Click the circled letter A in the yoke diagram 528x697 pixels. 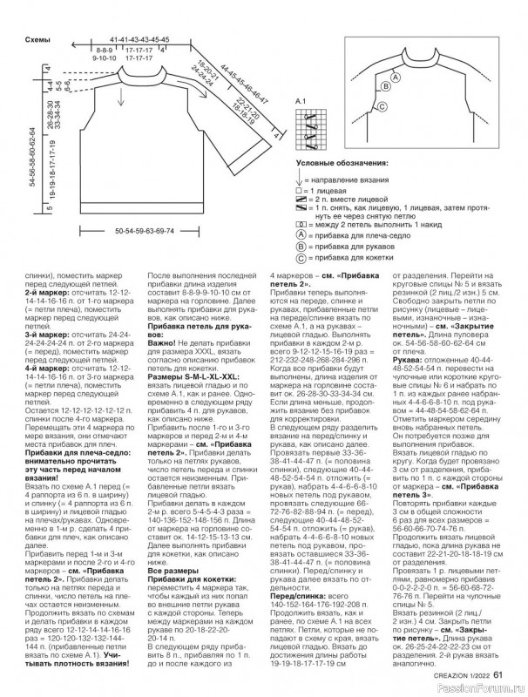394,78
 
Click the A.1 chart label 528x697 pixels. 304,103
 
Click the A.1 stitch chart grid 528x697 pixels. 308,126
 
